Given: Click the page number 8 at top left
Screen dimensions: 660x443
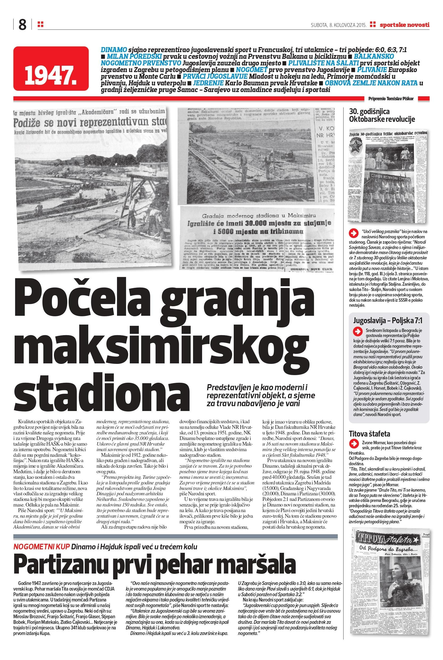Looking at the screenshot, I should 22,25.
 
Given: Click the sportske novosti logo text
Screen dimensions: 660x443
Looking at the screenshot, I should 404,25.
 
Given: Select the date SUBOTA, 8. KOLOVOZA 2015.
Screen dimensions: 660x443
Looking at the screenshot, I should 339,25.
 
